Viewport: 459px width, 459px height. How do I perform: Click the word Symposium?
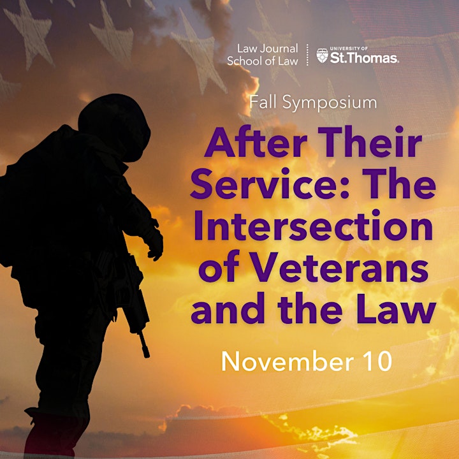pos(330,103)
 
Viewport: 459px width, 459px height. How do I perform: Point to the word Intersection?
pos(313,226)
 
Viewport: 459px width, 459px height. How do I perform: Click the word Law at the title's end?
pos(396,308)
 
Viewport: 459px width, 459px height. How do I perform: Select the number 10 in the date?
pos(377,361)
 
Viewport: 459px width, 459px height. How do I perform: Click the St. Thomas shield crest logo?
pos(323,55)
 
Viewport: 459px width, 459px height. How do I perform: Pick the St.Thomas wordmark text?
pos(365,58)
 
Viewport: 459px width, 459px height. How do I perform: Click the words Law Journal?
pos(267,48)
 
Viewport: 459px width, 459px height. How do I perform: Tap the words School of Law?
pos(262,61)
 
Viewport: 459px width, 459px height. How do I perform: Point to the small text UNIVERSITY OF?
pos(349,48)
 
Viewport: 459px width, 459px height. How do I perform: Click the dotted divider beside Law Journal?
pos(307,55)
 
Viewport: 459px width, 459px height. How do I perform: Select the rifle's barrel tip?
pos(147,355)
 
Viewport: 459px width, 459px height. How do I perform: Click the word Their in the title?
pos(370,142)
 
